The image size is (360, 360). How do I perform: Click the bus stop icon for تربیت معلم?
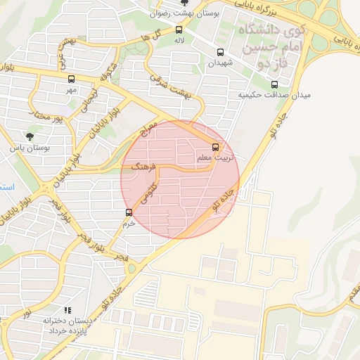216,148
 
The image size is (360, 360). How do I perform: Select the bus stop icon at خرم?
129,212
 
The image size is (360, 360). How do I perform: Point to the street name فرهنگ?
143,167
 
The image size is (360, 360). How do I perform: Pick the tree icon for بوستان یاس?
30,136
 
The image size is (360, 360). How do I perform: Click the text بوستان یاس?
29,148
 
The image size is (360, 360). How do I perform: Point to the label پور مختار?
53,117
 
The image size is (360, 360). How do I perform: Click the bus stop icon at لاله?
179,30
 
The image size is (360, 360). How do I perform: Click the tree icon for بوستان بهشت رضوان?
184,3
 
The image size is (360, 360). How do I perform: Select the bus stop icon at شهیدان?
221,52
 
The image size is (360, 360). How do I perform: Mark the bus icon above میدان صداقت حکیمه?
274,84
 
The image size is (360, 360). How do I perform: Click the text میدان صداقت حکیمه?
274,95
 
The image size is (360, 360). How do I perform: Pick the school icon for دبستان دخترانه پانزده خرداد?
67,309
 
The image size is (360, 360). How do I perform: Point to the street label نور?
25,311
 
